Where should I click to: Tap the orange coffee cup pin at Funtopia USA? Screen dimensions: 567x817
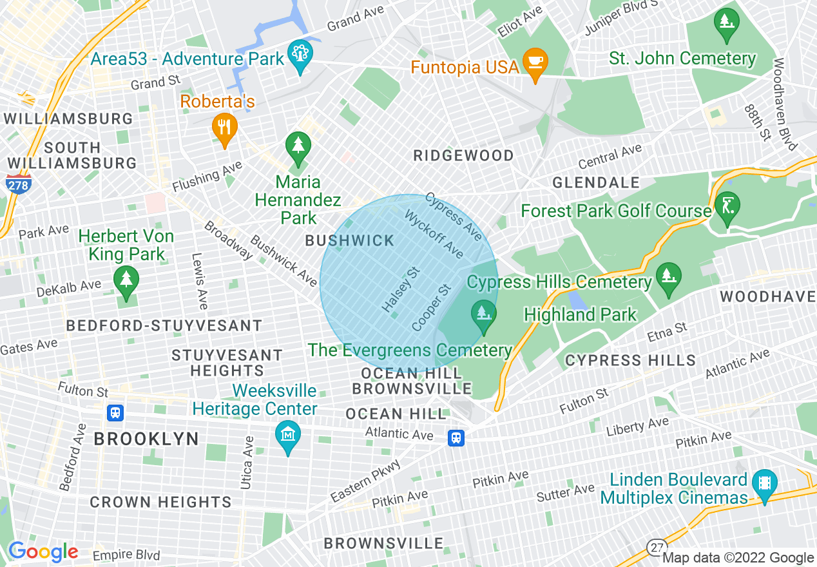534,63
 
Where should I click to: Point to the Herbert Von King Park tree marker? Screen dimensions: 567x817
126,281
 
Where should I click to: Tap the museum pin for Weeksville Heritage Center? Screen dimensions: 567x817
288,436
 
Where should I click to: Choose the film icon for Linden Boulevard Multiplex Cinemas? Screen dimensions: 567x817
764,484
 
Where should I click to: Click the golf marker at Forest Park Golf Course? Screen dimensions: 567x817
727,207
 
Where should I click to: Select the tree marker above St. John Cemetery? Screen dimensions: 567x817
727,23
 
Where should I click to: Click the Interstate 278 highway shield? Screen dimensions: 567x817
17,184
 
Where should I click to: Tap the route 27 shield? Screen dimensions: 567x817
657,547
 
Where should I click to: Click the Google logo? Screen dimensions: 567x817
43,552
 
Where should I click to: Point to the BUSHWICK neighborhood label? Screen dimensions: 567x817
350,241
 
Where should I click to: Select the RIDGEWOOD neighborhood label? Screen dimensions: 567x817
464,155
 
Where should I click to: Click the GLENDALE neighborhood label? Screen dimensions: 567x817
596,183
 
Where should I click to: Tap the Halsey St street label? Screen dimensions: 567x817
401,291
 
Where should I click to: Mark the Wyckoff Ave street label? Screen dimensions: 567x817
434,234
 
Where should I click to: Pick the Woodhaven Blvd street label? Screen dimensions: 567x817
787,104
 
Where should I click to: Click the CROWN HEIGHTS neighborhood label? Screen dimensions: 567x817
160,502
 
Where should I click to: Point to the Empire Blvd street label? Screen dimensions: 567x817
126,555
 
